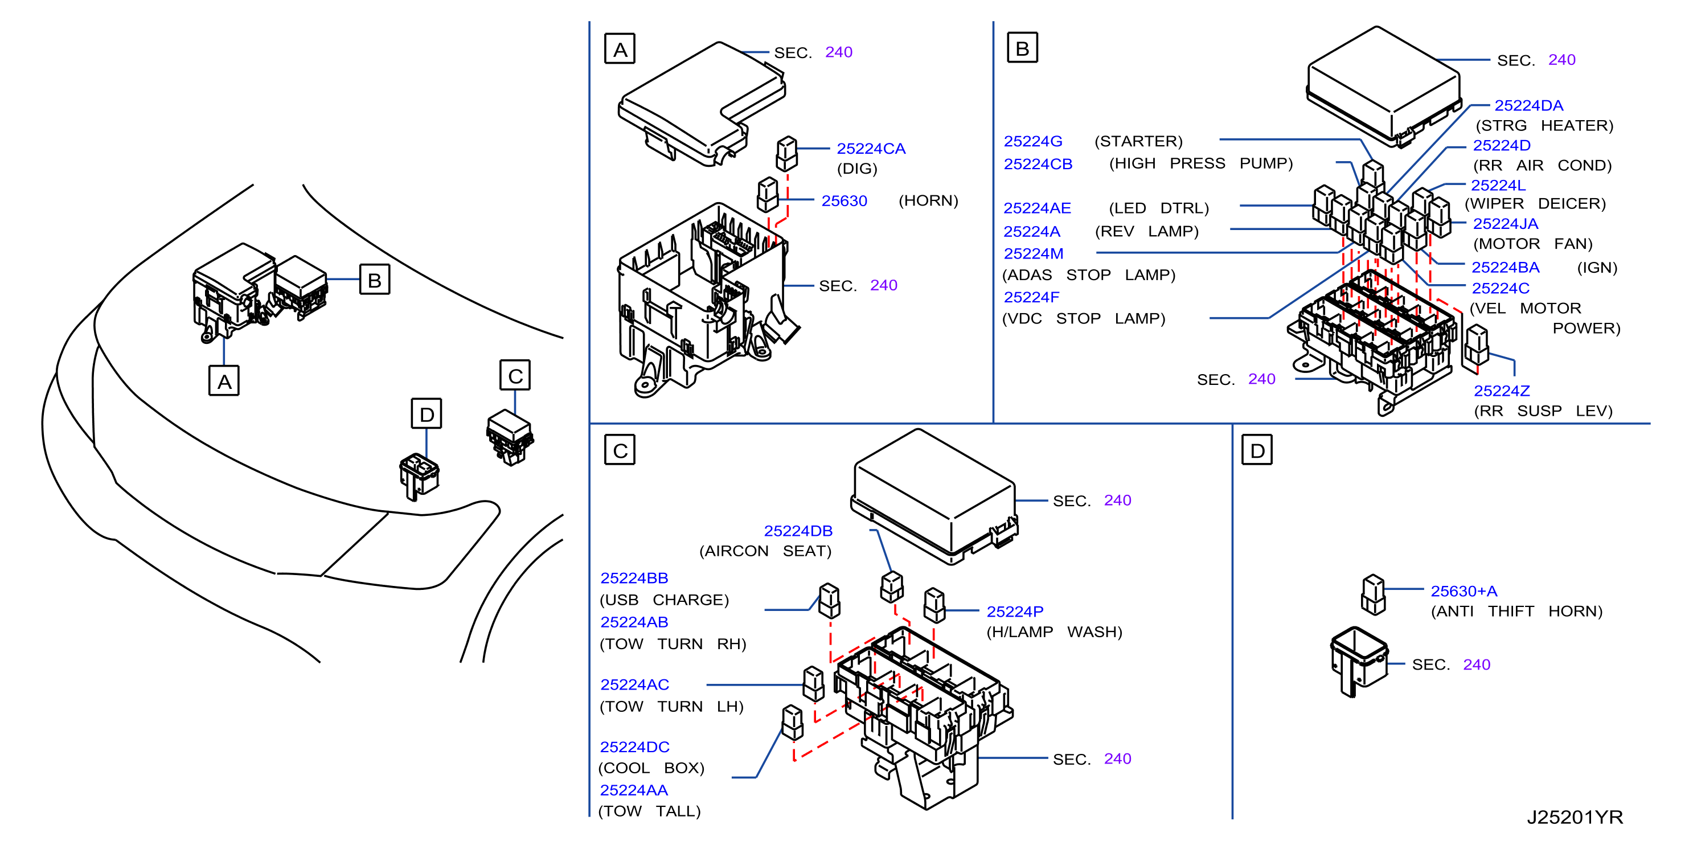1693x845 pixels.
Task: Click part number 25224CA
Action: coord(871,149)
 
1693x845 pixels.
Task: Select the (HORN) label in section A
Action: coord(928,200)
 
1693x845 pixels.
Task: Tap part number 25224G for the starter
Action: coord(1032,141)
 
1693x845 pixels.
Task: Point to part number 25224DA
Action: coord(1528,106)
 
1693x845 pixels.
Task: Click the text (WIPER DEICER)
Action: coord(1535,204)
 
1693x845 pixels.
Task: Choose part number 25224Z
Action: coord(1502,391)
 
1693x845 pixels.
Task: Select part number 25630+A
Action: coord(1464,592)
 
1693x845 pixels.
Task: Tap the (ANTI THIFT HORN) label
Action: coord(1516,611)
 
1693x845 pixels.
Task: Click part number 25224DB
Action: coord(798,531)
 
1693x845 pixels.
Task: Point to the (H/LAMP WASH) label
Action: coord(1054,631)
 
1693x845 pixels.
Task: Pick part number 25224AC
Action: coord(634,684)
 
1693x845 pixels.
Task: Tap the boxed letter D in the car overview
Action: coord(427,413)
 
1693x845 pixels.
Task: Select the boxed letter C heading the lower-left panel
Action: coord(620,450)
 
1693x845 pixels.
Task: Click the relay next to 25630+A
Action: coord(1374,594)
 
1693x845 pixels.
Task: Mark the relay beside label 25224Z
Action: coord(1476,345)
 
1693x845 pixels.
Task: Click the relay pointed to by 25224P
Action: coord(934,605)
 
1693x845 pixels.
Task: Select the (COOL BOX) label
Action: coord(651,768)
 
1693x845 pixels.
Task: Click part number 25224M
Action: coord(1033,253)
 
